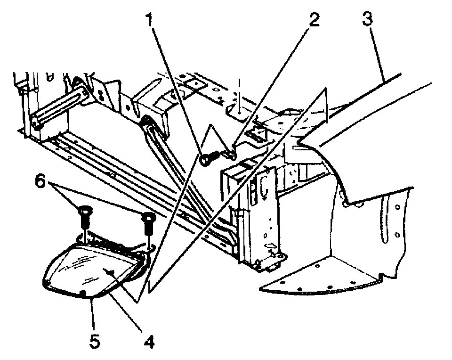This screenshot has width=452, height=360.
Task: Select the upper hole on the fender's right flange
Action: click(x=398, y=207)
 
